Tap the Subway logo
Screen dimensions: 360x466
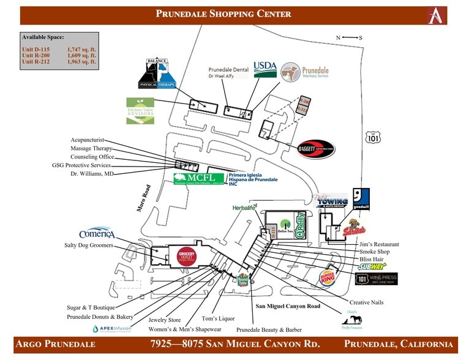coord(372,266)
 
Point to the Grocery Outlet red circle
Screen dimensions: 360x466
coord(186,256)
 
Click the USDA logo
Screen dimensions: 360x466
coord(265,69)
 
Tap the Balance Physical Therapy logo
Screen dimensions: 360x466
coord(160,74)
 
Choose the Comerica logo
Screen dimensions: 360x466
coord(97,234)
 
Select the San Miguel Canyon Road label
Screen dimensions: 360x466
coord(287,306)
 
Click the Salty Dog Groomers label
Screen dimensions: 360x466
coord(89,245)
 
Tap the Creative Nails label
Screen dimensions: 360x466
coord(367,302)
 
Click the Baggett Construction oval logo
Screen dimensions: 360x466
coord(315,148)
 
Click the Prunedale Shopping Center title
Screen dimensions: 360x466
coord(223,14)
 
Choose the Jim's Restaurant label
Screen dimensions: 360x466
coord(379,244)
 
